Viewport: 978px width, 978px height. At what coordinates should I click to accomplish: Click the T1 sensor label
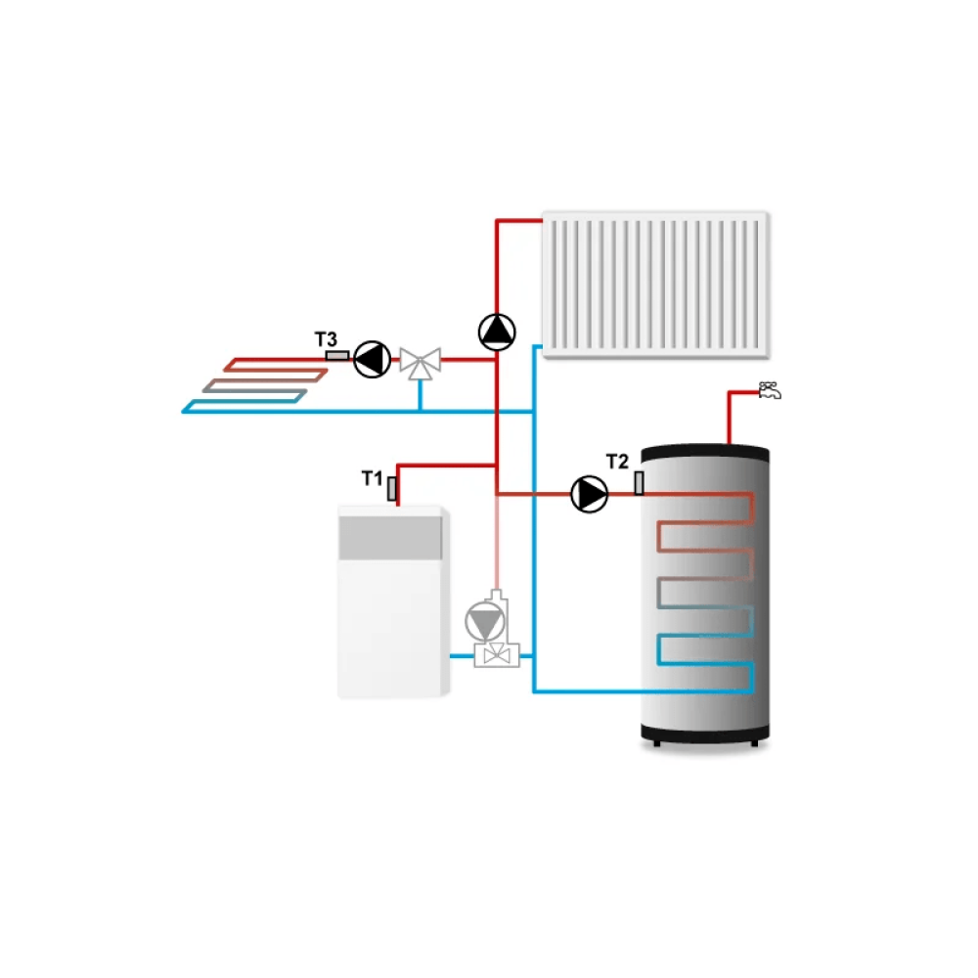pyautogui.click(x=371, y=478)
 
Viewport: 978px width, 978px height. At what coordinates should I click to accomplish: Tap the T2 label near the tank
pyautogui.click(x=617, y=462)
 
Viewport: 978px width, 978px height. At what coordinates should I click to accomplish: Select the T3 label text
pyautogui.click(x=326, y=339)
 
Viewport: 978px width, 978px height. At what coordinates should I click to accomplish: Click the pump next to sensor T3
pyautogui.click(x=371, y=359)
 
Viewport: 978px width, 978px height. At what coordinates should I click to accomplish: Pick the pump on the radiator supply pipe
pyautogui.click(x=497, y=332)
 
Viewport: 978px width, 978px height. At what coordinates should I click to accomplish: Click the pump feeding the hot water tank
pyautogui.click(x=589, y=494)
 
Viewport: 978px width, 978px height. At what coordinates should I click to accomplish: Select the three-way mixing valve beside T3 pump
pyautogui.click(x=421, y=362)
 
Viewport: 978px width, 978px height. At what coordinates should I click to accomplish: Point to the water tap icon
pyautogui.click(x=771, y=392)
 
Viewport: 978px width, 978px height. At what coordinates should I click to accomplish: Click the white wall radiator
pyautogui.click(x=655, y=284)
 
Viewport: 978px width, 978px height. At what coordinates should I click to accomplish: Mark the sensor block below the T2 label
pyautogui.click(x=639, y=482)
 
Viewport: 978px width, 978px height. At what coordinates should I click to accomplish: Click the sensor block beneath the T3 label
pyautogui.click(x=335, y=356)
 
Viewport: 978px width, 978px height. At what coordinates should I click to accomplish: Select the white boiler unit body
pyautogui.click(x=391, y=626)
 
